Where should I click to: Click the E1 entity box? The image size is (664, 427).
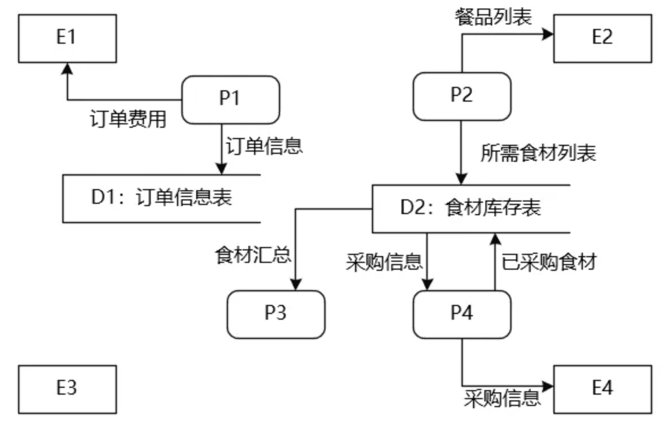67,38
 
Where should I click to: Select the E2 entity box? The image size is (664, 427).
602,38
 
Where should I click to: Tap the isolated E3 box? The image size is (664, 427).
67,389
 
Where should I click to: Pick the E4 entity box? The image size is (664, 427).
602,389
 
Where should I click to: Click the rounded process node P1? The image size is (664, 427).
230,99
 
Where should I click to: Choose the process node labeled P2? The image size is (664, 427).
462,96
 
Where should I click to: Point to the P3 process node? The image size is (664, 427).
276,314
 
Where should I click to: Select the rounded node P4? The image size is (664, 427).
462,314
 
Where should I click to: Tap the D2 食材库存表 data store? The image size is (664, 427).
471,208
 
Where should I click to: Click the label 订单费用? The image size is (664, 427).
128,120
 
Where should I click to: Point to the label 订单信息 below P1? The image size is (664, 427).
265,146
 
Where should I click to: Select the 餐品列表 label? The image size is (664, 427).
493,17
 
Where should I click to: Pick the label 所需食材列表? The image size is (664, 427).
538,153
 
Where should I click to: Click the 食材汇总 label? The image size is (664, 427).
253,255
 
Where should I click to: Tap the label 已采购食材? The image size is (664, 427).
549,262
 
